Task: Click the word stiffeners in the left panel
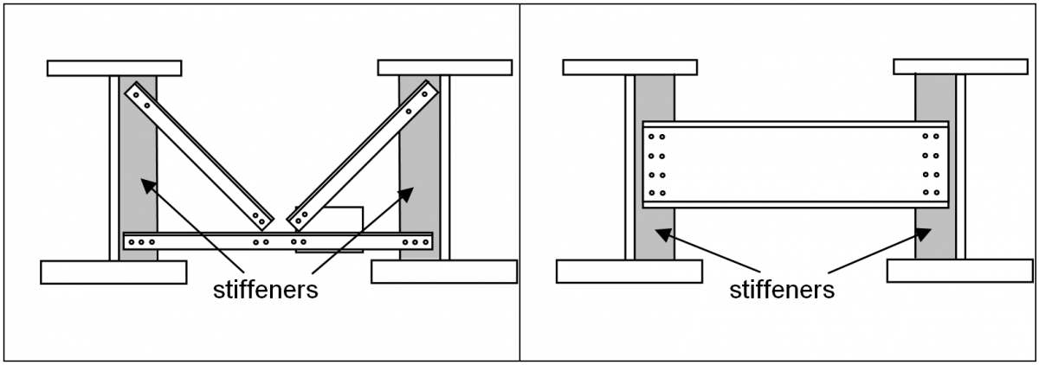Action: (266, 290)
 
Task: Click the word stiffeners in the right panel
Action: (782, 290)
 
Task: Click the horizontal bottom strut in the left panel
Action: (277, 241)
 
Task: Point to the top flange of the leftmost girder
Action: (114, 67)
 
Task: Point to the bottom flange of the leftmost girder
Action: (113, 272)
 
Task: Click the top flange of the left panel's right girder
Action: (444, 67)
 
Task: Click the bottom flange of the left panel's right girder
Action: (444, 272)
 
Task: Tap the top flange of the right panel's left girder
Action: (629, 67)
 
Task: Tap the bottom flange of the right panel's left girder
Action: (629, 271)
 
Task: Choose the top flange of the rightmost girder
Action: (960, 67)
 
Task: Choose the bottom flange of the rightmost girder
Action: (960, 271)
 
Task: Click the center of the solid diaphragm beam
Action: (795, 164)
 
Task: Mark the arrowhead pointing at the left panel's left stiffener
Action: (148, 182)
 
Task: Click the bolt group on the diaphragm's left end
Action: (656, 164)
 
